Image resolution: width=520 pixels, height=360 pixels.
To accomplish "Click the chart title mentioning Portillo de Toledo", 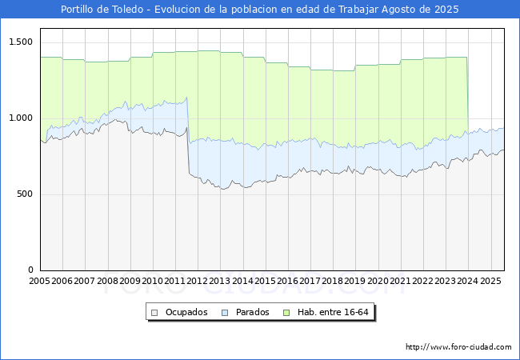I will click(x=260, y=10).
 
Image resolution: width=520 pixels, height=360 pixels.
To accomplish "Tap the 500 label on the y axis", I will click(x=24, y=194).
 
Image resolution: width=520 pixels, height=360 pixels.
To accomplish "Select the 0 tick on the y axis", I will click(x=30, y=270).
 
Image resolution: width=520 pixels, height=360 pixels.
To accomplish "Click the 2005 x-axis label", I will click(x=39, y=282).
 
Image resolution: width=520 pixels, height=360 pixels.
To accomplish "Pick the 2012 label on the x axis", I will click(x=198, y=282).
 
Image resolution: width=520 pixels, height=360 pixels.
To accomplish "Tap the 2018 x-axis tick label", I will click(x=333, y=282).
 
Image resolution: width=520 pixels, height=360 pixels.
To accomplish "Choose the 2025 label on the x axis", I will click(x=491, y=282).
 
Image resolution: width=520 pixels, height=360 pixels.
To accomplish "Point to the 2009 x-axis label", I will click(x=130, y=282).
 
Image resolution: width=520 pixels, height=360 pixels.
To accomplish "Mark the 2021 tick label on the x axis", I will click(x=401, y=282).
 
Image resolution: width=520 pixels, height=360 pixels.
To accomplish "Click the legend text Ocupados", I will click(x=186, y=312).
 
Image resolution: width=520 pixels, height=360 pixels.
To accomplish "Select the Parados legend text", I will click(x=253, y=312).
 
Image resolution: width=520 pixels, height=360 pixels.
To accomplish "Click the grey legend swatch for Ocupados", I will click(x=155, y=312).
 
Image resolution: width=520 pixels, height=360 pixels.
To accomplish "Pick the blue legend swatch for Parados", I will click(x=226, y=312).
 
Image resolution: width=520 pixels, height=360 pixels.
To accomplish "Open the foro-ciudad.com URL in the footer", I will click(x=458, y=347).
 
